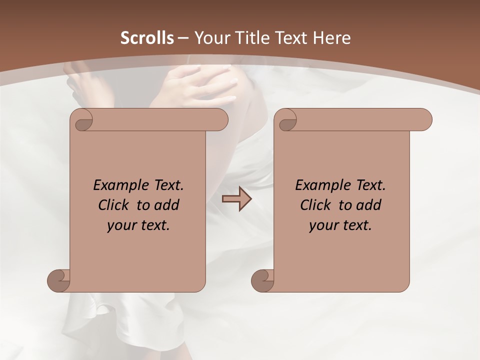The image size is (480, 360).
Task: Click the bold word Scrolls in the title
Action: pos(147,38)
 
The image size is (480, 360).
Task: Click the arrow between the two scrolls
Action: pos(236,199)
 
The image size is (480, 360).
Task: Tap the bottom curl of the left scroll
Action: pos(58,280)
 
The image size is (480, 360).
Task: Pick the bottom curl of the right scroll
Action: pos(262,280)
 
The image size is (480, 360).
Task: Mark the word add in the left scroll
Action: pos(167,205)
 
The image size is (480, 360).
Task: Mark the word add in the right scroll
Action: pos(369,205)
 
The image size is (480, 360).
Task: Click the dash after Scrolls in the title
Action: pos(183,38)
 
